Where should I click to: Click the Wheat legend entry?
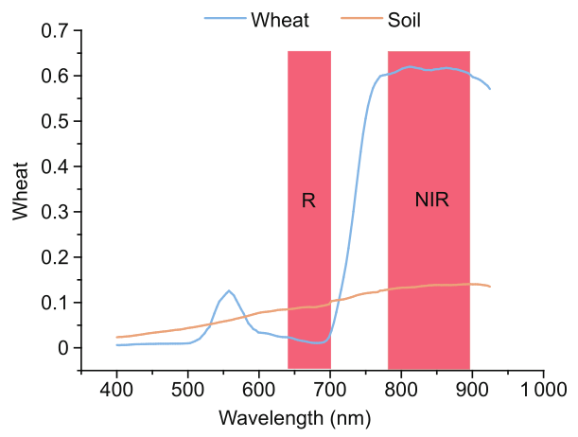click(279, 19)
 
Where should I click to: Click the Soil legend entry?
click(406, 19)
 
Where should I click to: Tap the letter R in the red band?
click(308, 201)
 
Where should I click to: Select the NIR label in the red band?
click(431, 201)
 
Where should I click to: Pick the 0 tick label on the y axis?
click(64, 348)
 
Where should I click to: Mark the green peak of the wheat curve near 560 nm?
click(229, 290)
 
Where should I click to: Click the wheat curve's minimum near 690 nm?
click(319, 342)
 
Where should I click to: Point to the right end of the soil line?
click(490, 287)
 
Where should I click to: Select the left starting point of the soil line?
click(116, 337)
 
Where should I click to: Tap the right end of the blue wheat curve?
click(490, 89)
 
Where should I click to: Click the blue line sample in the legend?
click(225, 19)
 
